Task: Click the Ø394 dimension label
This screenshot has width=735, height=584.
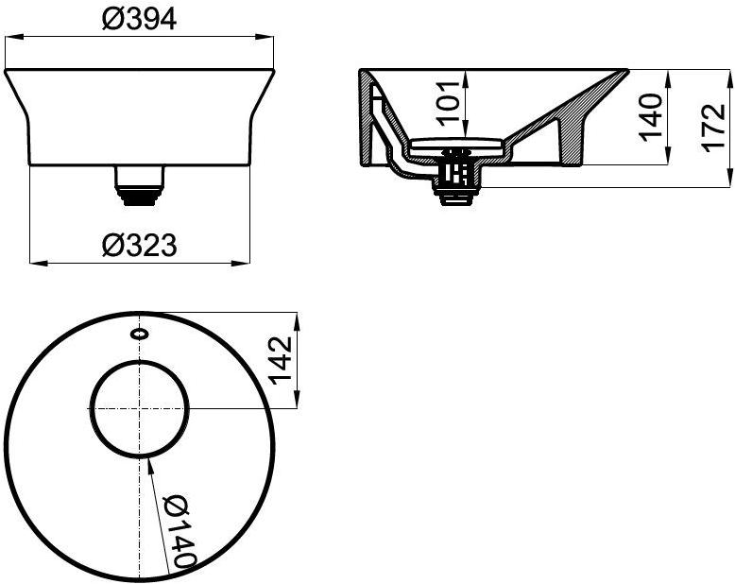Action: (139, 20)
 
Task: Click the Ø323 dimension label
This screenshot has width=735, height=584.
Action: (139, 245)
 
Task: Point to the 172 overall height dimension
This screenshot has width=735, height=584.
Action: (715, 127)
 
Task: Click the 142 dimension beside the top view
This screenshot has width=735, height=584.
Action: (282, 359)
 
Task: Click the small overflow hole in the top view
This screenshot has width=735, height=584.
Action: (139, 333)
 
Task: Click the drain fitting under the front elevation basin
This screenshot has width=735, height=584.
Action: (139, 182)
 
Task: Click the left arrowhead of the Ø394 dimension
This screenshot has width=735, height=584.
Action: (11, 38)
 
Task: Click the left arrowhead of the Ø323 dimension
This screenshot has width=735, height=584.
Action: (35, 262)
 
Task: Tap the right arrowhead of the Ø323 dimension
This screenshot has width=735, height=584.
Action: (246, 262)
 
